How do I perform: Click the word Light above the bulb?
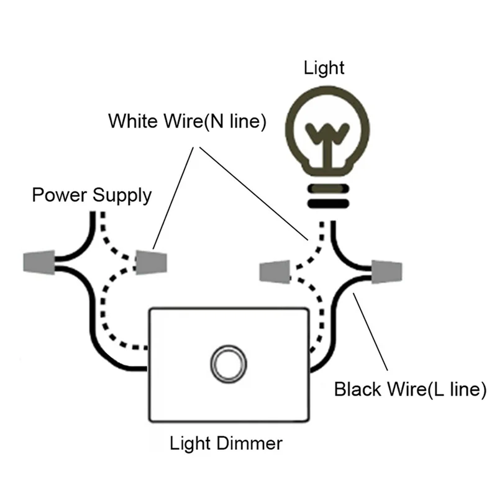click(324, 67)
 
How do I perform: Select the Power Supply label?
click(91, 195)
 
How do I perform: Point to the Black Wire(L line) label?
click(409, 390)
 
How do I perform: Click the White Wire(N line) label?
click(187, 121)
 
